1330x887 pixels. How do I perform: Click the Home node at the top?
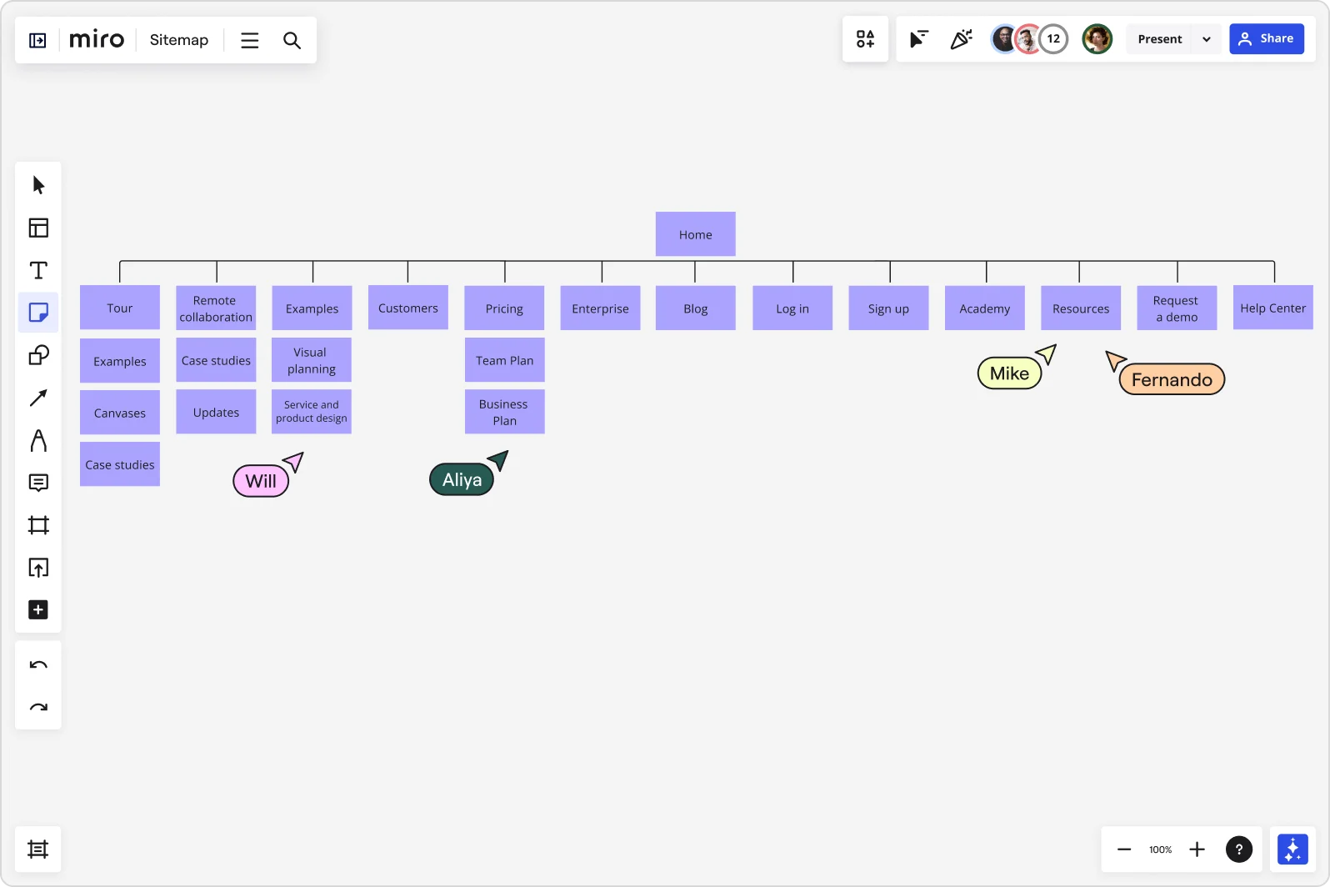tap(695, 234)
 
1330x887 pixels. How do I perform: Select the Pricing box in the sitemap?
tap(504, 308)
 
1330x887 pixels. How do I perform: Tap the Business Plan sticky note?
tap(504, 412)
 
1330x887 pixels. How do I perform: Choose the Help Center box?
tap(1272, 308)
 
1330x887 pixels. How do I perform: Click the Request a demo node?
tap(1177, 308)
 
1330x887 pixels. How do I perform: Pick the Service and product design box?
tap(312, 412)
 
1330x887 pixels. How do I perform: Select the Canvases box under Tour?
tap(120, 413)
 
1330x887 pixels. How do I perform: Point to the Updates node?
tap(216, 412)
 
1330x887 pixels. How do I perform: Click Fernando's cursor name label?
tap(1172, 380)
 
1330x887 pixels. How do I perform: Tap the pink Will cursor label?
tap(261, 481)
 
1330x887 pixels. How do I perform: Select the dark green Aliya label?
tap(462, 480)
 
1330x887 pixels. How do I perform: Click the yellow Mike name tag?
tap(1009, 373)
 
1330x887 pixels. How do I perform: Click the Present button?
tap(1159, 39)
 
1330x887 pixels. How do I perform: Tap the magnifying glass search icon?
tap(292, 40)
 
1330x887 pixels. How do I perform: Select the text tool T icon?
tap(38, 270)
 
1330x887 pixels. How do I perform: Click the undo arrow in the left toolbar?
tap(38, 665)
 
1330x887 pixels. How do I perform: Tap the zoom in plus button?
tap(1197, 849)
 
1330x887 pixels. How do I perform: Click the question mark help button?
tap(1239, 849)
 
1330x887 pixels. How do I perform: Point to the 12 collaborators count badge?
tap(1053, 38)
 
